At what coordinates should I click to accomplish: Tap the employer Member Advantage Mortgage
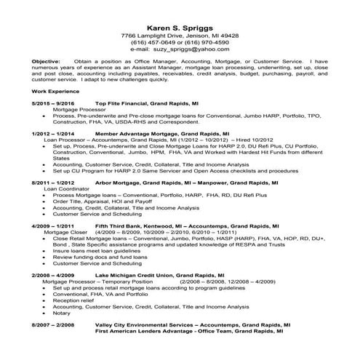pos(136,135)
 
